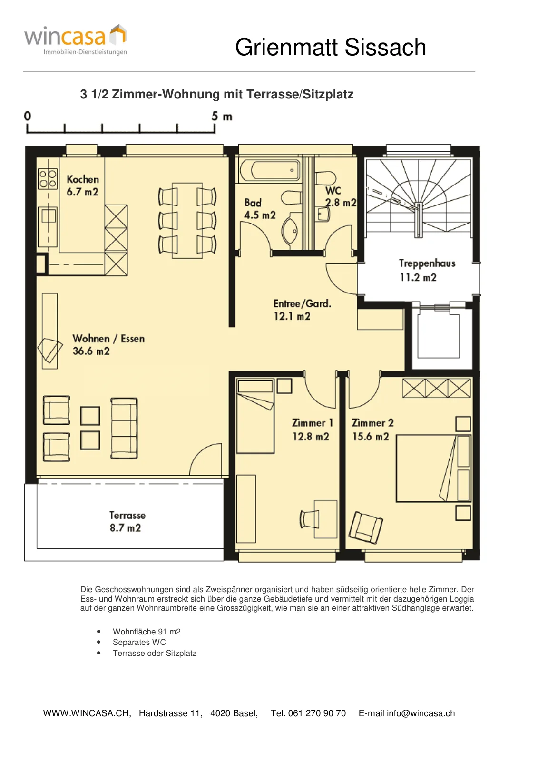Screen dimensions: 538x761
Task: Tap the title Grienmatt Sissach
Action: pyautogui.click(x=330, y=47)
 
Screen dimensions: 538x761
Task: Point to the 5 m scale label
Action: pyautogui.click(x=222, y=117)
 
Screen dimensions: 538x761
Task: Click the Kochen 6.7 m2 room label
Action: pyautogui.click(x=83, y=185)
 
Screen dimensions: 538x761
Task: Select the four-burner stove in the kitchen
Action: pyautogui.click(x=48, y=179)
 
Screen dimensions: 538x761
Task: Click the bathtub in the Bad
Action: pyautogui.click(x=270, y=170)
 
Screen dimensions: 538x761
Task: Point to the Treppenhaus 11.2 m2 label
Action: pyautogui.click(x=427, y=271)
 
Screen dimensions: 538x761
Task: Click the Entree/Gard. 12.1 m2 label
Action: pyautogui.click(x=302, y=310)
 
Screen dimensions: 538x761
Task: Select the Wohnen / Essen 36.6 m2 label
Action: pyautogui.click(x=108, y=344)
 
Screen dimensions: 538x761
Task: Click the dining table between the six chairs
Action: pyautogui.click(x=187, y=221)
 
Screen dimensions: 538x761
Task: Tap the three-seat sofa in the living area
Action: pyautogui.click(x=124, y=429)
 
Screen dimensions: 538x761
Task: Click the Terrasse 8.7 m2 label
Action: pyautogui.click(x=127, y=521)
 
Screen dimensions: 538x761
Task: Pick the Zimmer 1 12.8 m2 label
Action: pyautogui.click(x=313, y=430)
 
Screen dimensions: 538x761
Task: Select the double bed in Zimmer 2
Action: pyautogui.click(x=434, y=468)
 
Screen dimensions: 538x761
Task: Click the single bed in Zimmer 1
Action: pyautogui.click(x=255, y=416)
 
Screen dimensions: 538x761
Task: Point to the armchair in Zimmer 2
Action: pyautogui.click(x=366, y=527)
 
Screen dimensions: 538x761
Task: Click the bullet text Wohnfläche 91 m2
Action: pyautogui.click(x=147, y=632)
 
